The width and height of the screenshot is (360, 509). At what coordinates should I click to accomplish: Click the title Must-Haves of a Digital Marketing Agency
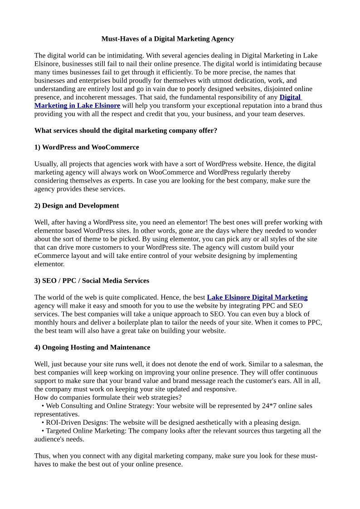tap(167, 39)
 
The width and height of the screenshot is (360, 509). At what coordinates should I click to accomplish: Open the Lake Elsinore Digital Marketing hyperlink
tap(257, 297)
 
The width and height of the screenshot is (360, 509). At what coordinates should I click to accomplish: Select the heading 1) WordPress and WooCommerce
tap(87, 147)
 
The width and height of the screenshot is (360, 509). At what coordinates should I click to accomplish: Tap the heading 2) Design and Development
tap(77, 206)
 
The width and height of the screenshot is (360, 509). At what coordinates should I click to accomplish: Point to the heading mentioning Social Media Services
tap(92, 281)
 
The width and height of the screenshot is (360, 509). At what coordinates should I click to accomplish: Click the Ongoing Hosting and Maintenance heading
tap(92, 348)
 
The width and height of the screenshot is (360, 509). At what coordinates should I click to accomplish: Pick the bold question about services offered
tap(126, 131)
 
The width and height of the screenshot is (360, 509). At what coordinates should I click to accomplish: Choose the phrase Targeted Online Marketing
tap(86, 431)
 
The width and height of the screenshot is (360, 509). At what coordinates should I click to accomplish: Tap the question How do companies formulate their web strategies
tap(108, 398)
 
